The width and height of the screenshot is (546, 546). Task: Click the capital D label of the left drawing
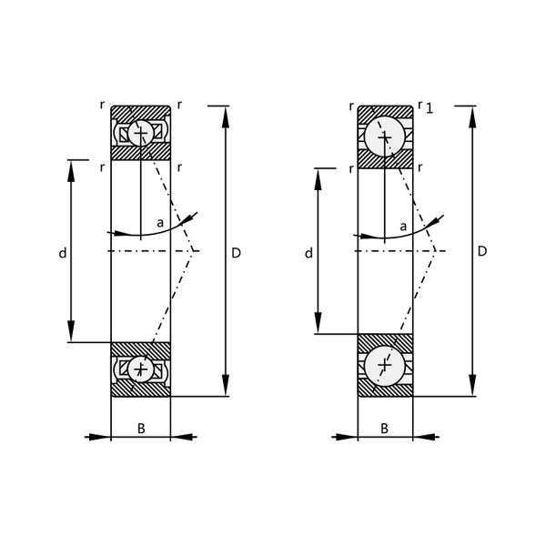pyautogui.click(x=236, y=252)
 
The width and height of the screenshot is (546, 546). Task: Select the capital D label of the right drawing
pyautogui.click(x=482, y=251)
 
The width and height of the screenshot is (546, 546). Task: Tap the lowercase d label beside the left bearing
pyautogui.click(x=62, y=253)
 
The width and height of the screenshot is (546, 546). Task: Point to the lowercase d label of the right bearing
pyautogui.click(x=308, y=253)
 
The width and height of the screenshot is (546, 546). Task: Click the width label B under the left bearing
pyautogui.click(x=140, y=427)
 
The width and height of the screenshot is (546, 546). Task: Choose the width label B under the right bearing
pyautogui.click(x=384, y=427)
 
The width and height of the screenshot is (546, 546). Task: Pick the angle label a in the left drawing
pyautogui.click(x=160, y=222)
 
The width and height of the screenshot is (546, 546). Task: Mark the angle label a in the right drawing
pyautogui.click(x=403, y=226)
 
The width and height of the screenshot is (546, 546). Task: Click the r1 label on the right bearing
pyautogui.click(x=424, y=107)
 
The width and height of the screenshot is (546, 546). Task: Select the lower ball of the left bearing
pyautogui.click(x=140, y=369)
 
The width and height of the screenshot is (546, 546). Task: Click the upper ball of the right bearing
pyautogui.click(x=384, y=136)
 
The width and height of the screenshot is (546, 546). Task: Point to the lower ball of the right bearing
pyautogui.click(x=384, y=365)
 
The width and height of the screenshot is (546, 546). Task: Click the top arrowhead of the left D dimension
pyautogui.click(x=225, y=113)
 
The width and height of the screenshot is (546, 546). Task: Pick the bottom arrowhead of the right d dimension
pyautogui.click(x=317, y=327)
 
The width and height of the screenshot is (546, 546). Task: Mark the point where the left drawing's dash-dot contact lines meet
pyautogui.click(x=194, y=250)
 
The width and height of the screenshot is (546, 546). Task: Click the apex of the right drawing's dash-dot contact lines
pyautogui.click(x=436, y=250)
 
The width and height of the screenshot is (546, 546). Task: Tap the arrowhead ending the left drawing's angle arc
pyautogui.click(x=191, y=218)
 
